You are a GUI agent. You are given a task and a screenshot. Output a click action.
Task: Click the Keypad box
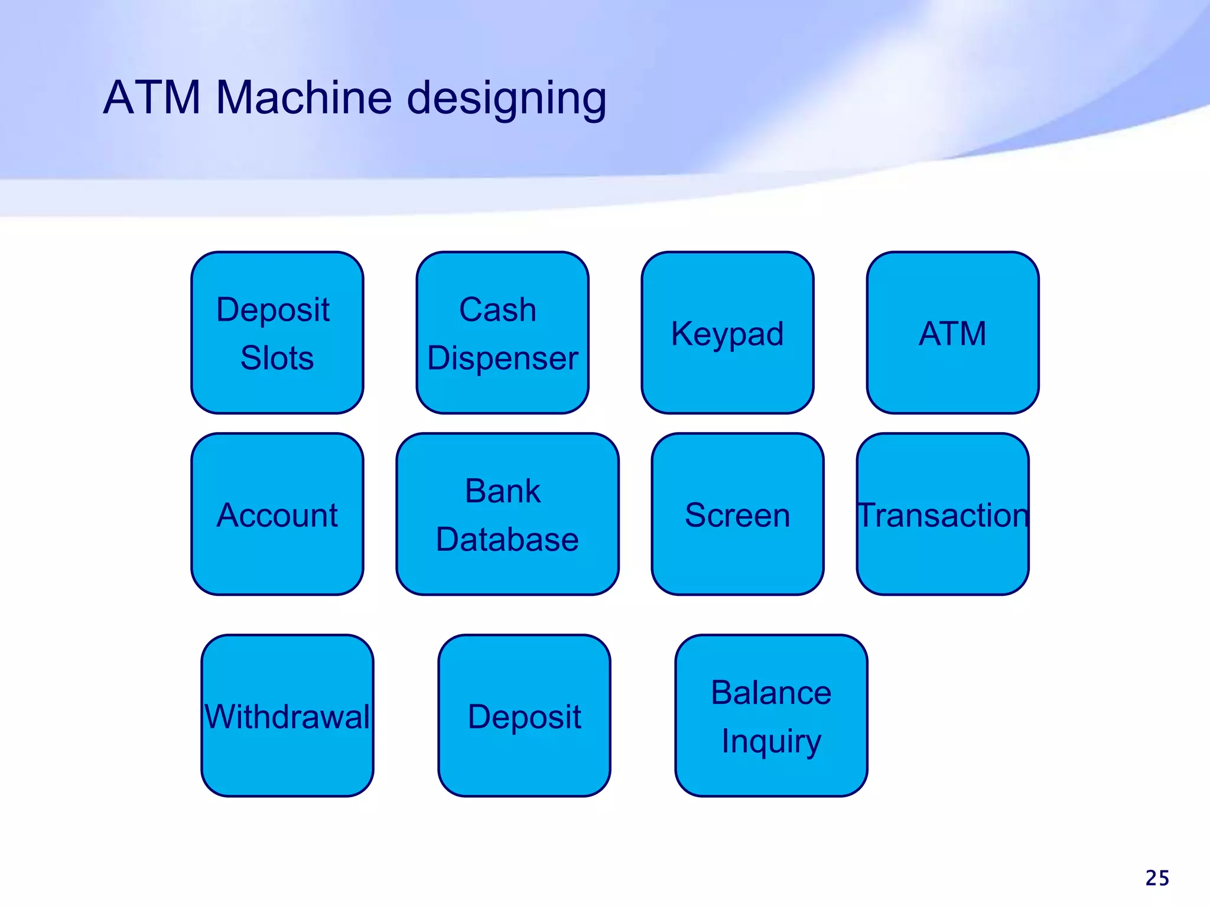727,332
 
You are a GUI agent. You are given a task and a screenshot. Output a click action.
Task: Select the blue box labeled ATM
952,332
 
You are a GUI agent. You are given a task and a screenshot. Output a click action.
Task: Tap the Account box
277,514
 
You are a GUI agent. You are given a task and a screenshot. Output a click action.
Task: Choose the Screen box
737,514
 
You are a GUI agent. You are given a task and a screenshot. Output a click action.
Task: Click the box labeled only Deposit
524,716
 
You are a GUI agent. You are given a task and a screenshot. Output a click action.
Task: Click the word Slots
277,358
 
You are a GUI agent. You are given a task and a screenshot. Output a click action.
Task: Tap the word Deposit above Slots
273,310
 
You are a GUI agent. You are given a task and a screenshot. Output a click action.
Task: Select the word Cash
498,310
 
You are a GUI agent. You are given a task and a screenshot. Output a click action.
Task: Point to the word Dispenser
503,358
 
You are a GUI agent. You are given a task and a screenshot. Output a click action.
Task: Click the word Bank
503,491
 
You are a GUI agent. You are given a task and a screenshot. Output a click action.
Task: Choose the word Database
508,539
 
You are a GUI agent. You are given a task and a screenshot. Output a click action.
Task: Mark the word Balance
771,693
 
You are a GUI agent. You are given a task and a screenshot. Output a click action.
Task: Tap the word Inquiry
771,741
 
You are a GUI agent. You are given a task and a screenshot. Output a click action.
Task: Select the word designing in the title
507,99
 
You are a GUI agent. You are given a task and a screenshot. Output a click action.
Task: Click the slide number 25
1157,878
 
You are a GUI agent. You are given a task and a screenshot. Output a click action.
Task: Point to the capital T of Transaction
866,514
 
